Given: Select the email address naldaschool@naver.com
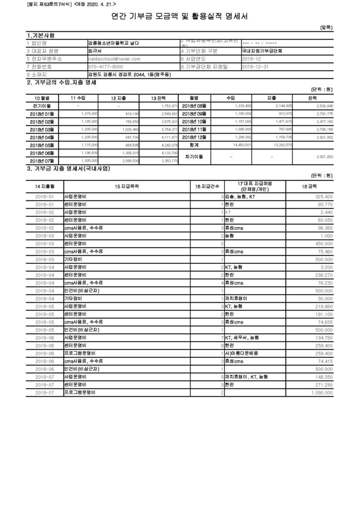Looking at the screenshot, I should click(x=114, y=59).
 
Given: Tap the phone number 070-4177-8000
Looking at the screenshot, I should click(x=106, y=67).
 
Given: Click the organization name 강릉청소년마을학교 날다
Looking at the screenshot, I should click(x=113, y=43).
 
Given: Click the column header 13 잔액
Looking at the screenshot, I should click(x=158, y=98).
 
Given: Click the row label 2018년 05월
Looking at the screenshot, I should click(x=42, y=145).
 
